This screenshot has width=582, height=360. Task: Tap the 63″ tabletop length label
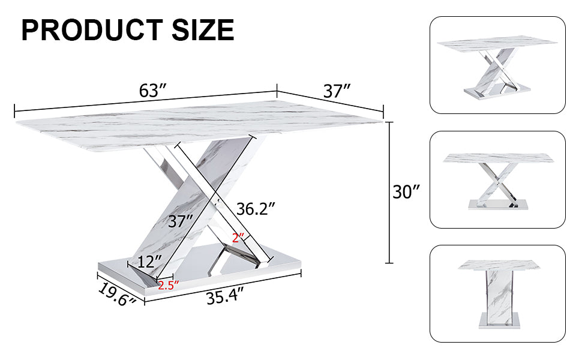152,91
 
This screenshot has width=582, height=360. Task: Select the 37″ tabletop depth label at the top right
337,91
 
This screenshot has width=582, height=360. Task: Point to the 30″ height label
406,192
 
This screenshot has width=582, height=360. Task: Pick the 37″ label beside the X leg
181,221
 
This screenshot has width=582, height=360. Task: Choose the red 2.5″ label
169,286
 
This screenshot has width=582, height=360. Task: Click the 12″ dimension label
149,262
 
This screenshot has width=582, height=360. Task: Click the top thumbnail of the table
497,65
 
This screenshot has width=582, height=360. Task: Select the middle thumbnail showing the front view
497,179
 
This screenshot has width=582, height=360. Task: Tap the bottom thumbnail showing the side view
497,293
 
